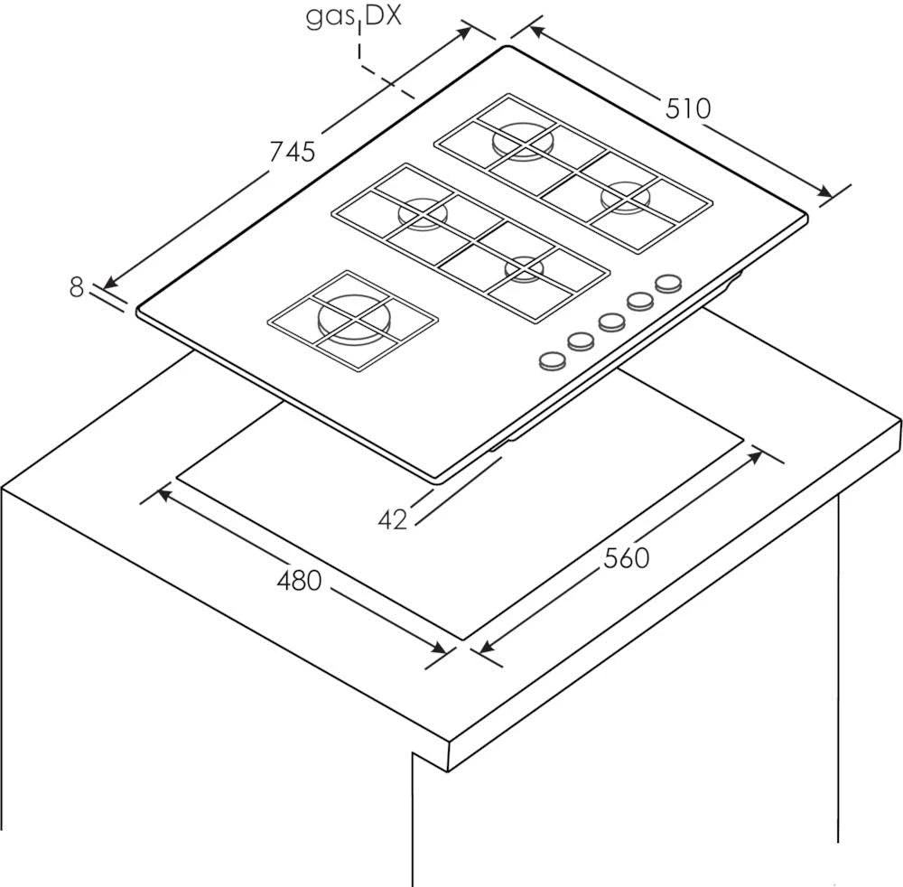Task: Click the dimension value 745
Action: point(293,151)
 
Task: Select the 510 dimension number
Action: point(689,108)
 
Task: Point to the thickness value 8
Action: point(77,287)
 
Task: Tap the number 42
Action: point(393,520)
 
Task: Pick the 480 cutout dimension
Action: point(298,580)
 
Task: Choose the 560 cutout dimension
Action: point(626,558)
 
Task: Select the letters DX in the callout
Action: point(382,18)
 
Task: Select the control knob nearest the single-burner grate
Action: point(550,360)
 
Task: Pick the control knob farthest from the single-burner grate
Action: point(667,284)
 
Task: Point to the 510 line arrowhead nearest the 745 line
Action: point(535,32)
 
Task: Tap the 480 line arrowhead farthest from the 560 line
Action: point(164,495)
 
